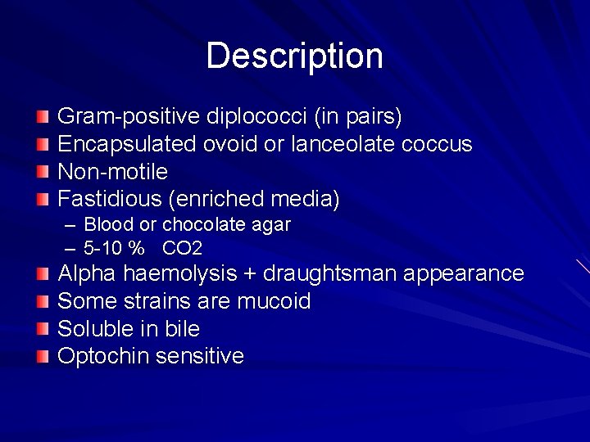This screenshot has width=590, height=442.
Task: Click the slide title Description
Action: click(294, 56)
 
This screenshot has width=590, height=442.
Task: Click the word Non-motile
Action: click(112, 172)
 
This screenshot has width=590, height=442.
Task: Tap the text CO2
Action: click(182, 248)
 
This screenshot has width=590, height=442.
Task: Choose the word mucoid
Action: click(274, 301)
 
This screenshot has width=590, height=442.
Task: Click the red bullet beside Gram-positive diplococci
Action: click(43, 117)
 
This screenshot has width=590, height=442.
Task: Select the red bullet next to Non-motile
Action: click(43, 172)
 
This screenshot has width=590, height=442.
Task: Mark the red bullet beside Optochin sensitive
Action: click(43, 356)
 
